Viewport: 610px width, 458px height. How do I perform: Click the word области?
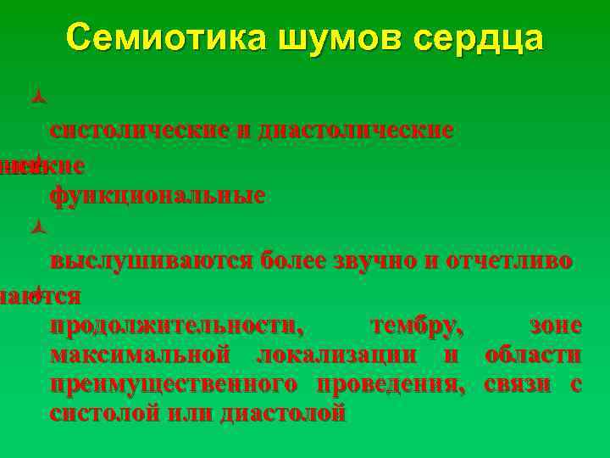pyautogui.click(x=533, y=355)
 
